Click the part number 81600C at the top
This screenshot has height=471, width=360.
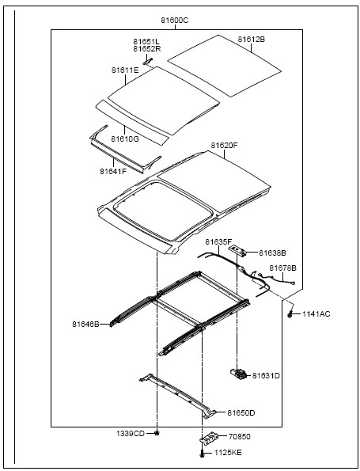coord(174,21)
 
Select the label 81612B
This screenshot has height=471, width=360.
coord(252,40)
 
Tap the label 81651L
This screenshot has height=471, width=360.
coord(146,41)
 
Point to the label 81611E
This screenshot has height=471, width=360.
coord(125,70)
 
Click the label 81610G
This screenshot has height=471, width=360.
coord(125,139)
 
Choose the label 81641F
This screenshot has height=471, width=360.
coord(113,171)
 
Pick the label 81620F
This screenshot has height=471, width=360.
coord(224,146)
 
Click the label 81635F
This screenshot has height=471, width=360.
coord(218,241)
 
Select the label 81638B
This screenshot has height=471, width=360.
coord(272,253)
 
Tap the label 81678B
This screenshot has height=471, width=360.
coord(282,268)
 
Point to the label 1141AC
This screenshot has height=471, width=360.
coord(316,314)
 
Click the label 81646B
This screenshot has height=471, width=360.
coord(85,325)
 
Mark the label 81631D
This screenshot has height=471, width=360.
coord(266,375)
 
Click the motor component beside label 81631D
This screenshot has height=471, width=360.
coord(239,374)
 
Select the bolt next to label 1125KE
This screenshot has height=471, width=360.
coord(202,454)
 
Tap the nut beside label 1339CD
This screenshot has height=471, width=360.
coord(157,433)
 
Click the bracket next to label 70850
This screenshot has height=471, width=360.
coord(209,437)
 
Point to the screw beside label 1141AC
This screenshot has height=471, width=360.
coord(290,314)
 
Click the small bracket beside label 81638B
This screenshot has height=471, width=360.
coord(239,250)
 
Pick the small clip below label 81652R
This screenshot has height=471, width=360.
coord(147,62)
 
